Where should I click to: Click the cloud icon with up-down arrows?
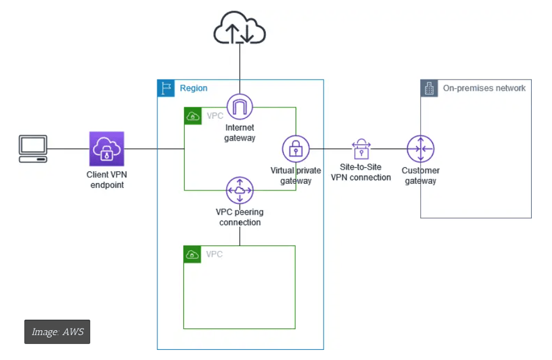(240, 28)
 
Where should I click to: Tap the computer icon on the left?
(33, 149)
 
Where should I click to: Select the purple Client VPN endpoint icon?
(107, 149)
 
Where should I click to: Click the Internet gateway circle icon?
(240, 107)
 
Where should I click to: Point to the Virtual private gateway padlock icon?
(296, 149)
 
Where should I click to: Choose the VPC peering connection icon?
(240, 190)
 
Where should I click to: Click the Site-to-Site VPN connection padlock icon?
(361, 149)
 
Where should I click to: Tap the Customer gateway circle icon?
(421, 149)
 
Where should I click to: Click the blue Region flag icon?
(166, 88)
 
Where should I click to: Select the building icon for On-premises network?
(429, 88)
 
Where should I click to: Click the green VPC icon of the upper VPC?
(192, 116)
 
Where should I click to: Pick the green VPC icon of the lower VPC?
(192, 254)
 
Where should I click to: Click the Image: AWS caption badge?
(57, 332)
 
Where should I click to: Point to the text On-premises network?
(484, 88)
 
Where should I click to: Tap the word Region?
(193, 88)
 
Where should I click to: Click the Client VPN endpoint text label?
(107, 180)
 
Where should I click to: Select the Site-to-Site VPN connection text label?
(361, 173)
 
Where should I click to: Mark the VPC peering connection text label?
(240, 217)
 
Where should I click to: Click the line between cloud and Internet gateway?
(240, 68)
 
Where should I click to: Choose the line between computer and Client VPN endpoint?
(68, 149)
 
